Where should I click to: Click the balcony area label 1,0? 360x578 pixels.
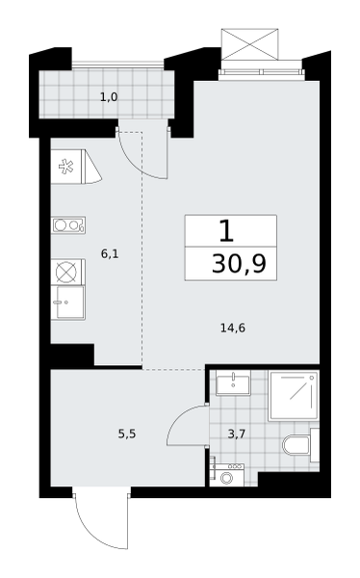coord(109,97)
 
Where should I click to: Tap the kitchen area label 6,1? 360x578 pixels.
coord(110,253)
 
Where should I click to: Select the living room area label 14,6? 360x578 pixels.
coord(233,328)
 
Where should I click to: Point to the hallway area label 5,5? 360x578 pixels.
coord(127,433)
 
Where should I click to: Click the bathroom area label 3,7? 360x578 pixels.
coord(237,433)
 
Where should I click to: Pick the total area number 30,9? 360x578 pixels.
coord(239,264)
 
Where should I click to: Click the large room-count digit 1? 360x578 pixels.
coord(226,231)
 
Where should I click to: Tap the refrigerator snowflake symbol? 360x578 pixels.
coord(66,167)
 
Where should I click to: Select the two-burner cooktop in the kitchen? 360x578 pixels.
coord(68,224)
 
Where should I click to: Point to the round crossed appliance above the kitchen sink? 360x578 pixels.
coord(66,272)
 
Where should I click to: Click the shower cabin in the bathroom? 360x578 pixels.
coord(294,396)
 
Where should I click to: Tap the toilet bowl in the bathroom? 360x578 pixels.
coord(296,445)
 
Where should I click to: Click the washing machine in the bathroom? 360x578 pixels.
coord(227,475)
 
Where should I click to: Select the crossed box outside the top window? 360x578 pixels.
coord(250,44)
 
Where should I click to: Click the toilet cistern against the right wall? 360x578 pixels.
coord(315,445)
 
